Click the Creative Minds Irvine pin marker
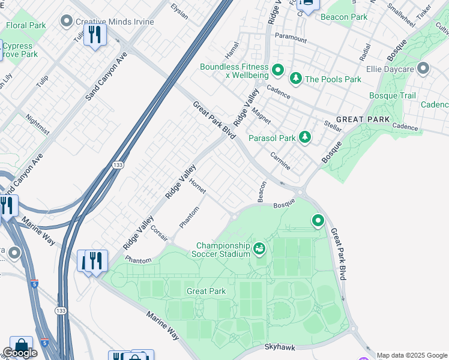[67, 22]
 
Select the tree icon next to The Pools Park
[295, 79]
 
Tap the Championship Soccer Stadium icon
[259, 248]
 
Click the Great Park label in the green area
[206, 291]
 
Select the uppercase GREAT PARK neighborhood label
[359, 119]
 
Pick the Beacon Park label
[343, 17]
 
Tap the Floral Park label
[26, 26]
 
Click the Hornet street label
[197, 186]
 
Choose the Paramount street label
[291, 40]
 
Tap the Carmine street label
[280, 161]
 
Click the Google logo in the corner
[20, 353]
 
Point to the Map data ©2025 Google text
[412, 355]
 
